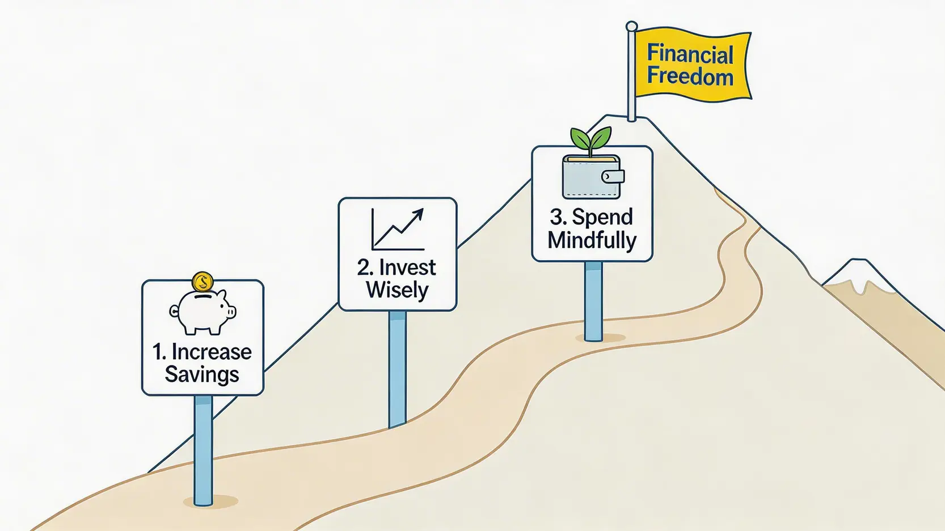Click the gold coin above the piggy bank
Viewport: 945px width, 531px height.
202,282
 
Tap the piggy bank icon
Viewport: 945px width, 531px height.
203,311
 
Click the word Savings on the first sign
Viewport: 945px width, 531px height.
202,375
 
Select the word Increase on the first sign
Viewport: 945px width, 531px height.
212,352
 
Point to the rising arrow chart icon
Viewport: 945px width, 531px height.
398,230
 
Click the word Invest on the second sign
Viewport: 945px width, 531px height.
407,267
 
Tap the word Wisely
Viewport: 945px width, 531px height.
397,290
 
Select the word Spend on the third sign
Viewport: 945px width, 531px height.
602,217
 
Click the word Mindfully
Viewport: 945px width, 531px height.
592,240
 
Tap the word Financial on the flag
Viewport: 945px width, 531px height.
690,54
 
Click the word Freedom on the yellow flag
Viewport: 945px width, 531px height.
690,77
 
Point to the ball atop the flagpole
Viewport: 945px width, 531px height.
631,27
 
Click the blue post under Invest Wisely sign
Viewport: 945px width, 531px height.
397,368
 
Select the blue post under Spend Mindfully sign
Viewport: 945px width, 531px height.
593,300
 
